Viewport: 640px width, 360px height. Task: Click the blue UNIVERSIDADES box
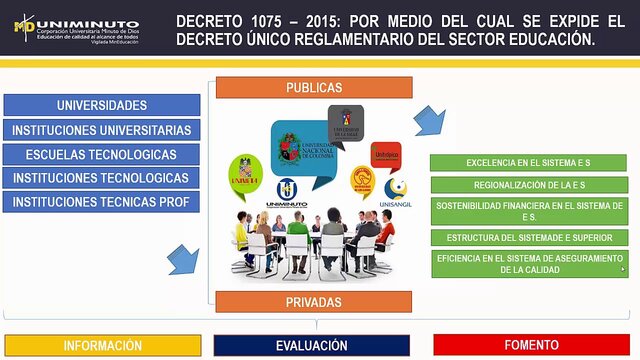pyautogui.click(x=101, y=105)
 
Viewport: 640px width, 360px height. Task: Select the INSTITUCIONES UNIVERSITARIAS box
pyautogui.click(x=101, y=130)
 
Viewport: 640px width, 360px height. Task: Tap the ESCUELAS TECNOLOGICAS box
pyautogui.click(x=101, y=154)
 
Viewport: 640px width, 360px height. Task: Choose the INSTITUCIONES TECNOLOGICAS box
pyautogui.click(x=101, y=178)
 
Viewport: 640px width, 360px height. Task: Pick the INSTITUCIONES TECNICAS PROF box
pyautogui.click(x=101, y=202)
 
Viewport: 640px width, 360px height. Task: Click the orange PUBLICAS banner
pyautogui.click(x=314, y=88)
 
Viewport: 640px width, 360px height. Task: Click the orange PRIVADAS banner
pyautogui.click(x=314, y=302)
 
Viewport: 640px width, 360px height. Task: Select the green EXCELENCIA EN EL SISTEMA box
pyautogui.click(x=528, y=162)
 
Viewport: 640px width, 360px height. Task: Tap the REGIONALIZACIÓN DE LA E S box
pyautogui.click(x=528, y=185)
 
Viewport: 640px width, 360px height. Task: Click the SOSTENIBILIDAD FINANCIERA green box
pyautogui.click(x=528, y=211)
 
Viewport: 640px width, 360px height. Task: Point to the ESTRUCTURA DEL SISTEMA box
pyautogui.click(x=528, y=237)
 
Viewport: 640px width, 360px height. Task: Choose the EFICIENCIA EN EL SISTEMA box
pyautogui.click(x=528, y=263)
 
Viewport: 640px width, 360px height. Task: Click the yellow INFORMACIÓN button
pyautogui.click(x=102, y=345)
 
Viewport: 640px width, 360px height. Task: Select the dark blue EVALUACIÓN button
pyautogui.click(x=312, y=345)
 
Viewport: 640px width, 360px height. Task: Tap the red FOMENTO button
pyautogui.click(x=531, y=345)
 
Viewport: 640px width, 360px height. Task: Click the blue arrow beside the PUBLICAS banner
pyautogui.click(x=430, y=118)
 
